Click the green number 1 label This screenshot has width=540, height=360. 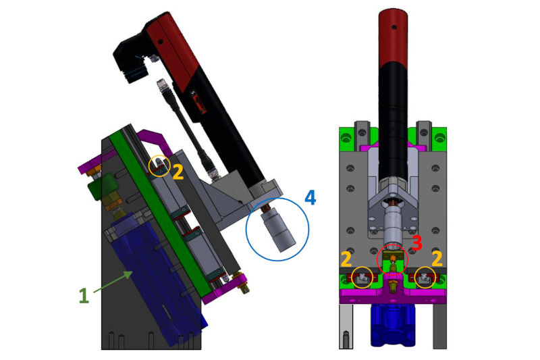coord(84,296)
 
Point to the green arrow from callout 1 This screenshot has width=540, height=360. coord(113,282)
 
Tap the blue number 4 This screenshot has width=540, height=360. coord(310,198)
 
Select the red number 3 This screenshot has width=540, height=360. coord(416,243)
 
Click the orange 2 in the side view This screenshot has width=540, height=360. coord(178,172)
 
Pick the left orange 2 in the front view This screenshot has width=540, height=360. coord(346,259)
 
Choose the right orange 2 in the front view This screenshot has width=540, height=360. coord(437,259)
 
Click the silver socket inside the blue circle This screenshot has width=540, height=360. coord(278,231)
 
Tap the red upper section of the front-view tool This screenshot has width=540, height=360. coord(393,37)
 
